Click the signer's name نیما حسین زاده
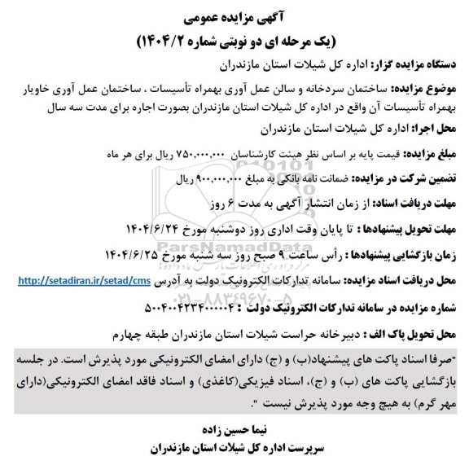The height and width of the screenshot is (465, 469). point(232,426)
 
